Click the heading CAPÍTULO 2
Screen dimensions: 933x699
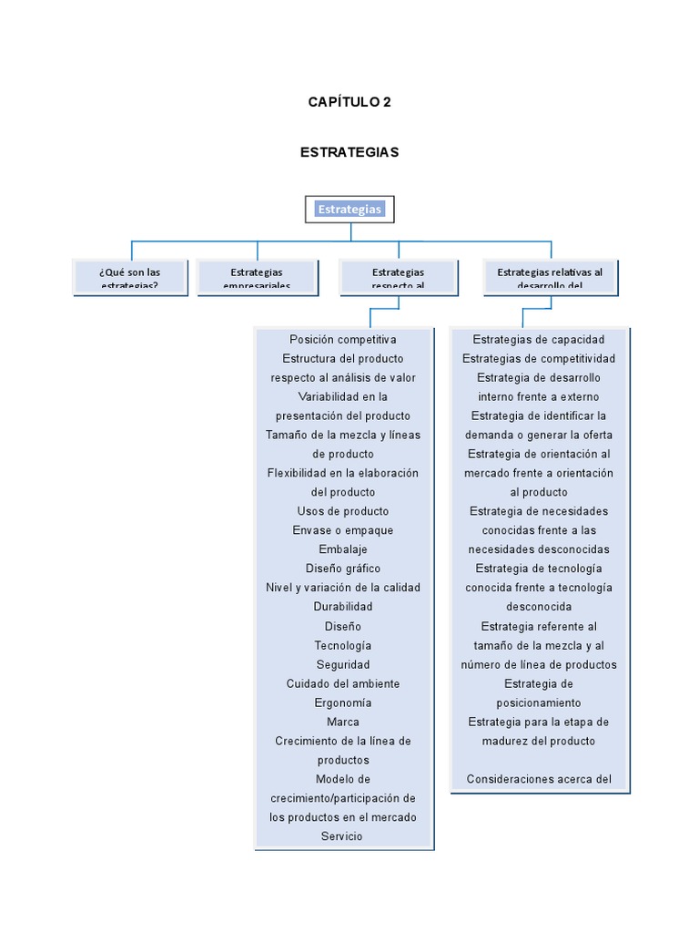(x=349, y=102)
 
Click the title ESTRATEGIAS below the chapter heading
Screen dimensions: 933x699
(x=349, y=152)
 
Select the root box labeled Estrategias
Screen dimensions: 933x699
(x=349, y=210)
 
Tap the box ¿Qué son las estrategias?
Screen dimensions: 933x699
(x=130, y=277)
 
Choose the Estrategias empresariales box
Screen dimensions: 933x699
(x=257, y=277)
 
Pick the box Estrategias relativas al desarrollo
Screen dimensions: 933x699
(x=550, y=277)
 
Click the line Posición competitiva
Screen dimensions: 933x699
(x=343, y=340)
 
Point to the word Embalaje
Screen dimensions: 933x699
(x=343, y=549)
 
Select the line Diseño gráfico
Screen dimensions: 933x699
(x=343, y=569)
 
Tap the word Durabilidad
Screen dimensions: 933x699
(x=343, y=607)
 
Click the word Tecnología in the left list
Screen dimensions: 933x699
(x=343, y=645)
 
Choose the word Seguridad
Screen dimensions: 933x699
(x=343, y=664)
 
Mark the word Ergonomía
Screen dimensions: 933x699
(x=343, y=702)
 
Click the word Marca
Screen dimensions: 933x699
(x=343, y=722)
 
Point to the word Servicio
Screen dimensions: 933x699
(x=343, y=836)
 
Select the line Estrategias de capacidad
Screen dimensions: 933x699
(x=539, y=340)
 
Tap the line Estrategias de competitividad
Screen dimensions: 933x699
(x=539, y=359)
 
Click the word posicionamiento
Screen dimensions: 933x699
(x=539, y=702)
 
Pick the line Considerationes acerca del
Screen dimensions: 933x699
(x=539, y=779)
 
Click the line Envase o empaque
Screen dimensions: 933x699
(x=343, y=530)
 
